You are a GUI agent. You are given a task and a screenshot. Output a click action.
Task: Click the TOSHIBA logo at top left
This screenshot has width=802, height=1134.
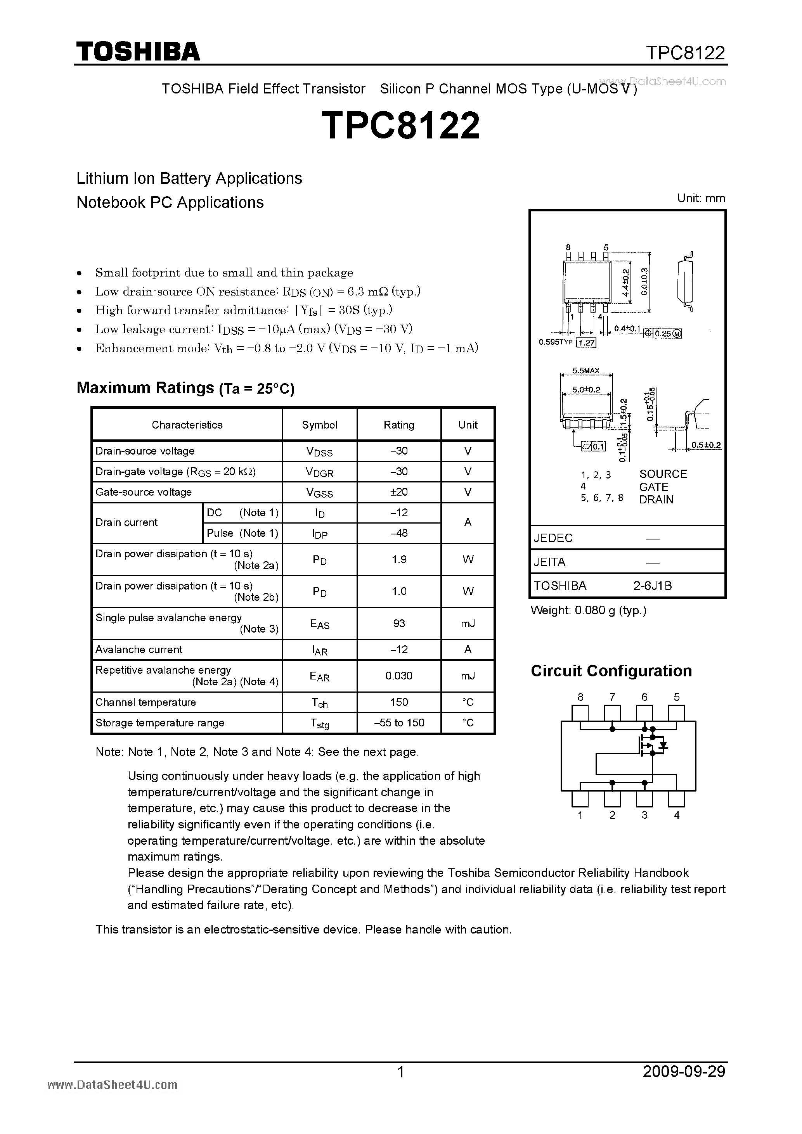137,51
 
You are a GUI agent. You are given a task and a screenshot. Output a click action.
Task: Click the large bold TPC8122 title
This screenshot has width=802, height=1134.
400,125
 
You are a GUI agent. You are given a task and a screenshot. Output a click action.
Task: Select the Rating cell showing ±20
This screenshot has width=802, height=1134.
399,492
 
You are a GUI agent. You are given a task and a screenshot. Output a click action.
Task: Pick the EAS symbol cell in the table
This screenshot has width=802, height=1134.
320,624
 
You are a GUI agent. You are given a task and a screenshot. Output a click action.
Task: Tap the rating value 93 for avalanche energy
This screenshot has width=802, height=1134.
399,623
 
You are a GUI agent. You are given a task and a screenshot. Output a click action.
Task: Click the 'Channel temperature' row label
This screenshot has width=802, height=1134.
146,702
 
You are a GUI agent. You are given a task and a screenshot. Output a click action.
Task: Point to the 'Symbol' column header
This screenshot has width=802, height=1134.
319,425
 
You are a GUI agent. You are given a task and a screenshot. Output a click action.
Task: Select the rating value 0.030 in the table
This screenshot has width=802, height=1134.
399,676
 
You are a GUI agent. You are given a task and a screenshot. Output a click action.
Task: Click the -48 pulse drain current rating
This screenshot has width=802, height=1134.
399,533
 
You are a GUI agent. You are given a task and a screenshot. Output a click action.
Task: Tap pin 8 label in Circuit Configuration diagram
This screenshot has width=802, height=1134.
580,697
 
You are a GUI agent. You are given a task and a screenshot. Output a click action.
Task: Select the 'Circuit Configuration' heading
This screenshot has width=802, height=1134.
611,671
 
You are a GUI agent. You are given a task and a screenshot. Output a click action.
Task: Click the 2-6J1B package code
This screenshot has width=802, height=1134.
652,586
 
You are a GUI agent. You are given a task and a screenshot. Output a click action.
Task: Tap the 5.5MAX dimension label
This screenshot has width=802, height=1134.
585,370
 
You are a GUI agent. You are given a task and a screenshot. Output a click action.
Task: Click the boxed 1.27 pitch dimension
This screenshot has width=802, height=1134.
587,343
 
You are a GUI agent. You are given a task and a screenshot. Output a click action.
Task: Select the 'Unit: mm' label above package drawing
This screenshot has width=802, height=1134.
701,198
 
